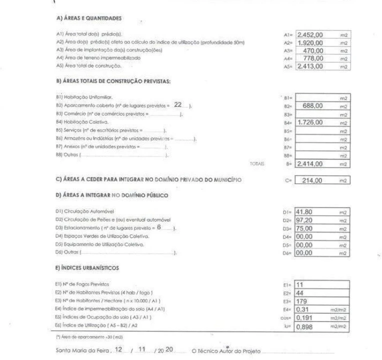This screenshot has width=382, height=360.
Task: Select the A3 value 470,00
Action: pos(314,50)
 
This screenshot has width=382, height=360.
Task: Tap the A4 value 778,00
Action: pos(314,57)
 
